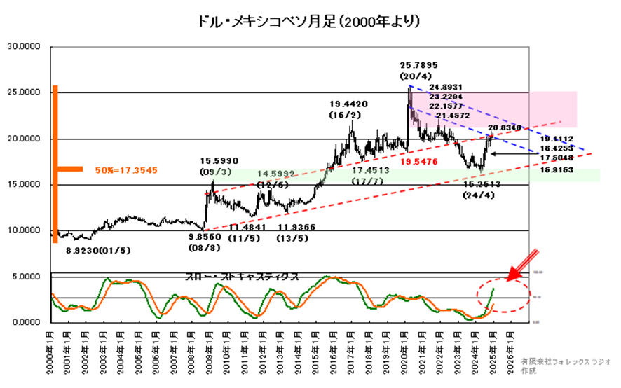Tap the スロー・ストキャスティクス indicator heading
point(243,276)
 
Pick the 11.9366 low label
point(296,228)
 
